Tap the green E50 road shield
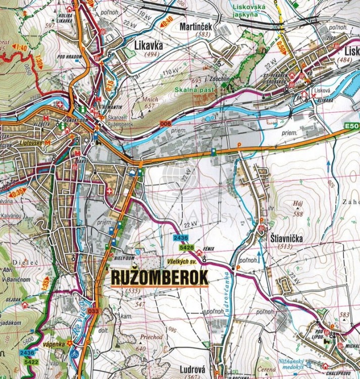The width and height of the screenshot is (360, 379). pyautogui.click(x=352, y=126)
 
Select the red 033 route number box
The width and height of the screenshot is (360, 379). pyautogui.click(x=93, y=311)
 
